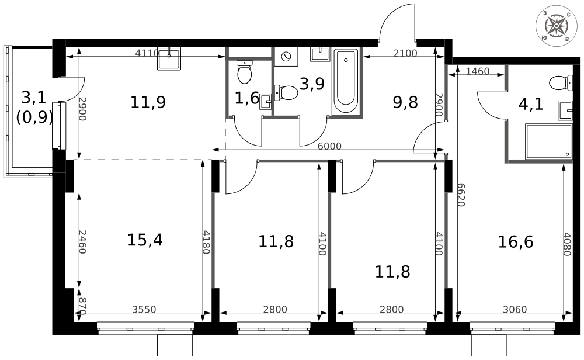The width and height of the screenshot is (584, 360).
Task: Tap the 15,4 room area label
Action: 145,240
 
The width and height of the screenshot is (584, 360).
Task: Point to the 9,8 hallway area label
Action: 405,103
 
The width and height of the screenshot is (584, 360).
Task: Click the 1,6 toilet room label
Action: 246,98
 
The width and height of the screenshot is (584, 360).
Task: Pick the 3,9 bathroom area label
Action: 311,84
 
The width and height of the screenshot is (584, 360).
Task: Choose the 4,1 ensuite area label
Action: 531,104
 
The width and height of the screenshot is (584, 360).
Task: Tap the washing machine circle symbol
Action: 287,57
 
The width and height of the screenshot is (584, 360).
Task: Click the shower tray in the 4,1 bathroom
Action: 548,141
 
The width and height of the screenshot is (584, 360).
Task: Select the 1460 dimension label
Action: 478,72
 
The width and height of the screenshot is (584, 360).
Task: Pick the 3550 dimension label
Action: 144,310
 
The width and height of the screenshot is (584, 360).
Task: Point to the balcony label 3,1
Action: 33,97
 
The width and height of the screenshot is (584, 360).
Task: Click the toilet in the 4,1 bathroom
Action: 561,82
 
